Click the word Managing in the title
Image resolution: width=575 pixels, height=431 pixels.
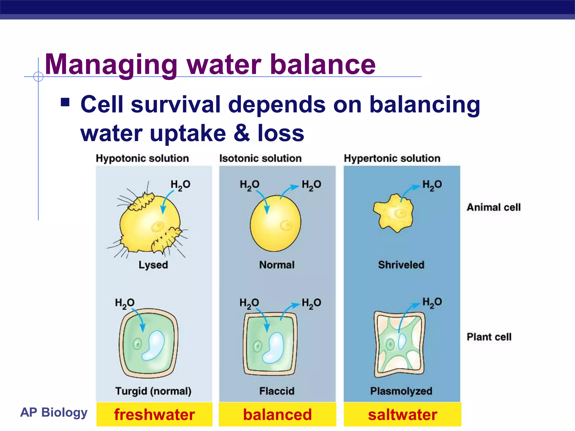pyautogui.click(x=111, y=65)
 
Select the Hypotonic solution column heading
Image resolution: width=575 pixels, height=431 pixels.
pyautogui.click(x=142, y=159)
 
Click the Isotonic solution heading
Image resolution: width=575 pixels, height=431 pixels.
pyautogui.click(x=260, y=159)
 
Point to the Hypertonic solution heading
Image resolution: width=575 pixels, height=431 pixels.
pyautogui.click(x=392, y=159)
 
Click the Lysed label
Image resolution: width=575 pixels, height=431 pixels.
pyautogui.click(x=153, y=265)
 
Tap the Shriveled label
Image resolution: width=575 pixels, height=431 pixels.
pyautogui.click(x=401, y=265)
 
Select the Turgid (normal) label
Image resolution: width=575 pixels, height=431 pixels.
pyautogui.click(x=153, y=391)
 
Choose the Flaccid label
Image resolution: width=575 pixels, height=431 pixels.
pyautogui.click(x=277, y=391)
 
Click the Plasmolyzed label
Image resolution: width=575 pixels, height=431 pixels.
pyautogui.click(x=401, y=391)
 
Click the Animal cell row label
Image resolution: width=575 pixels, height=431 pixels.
pyautogui.click(x=494, y=207)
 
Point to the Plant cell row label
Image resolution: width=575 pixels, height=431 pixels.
pyautogui.click(x=489, y=337)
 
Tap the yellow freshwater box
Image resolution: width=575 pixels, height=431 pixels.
pyautogui.click(x=154, y=414)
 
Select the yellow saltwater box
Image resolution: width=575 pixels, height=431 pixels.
pyautogui.click(x=402, y=414)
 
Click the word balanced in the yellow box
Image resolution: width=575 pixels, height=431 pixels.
pyautogui.click(x=277, y=414)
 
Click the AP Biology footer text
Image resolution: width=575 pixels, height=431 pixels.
pyautogui.click(x=54, y=412)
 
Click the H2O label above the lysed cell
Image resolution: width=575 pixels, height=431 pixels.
pyautogui.click(x=180, y=185)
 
